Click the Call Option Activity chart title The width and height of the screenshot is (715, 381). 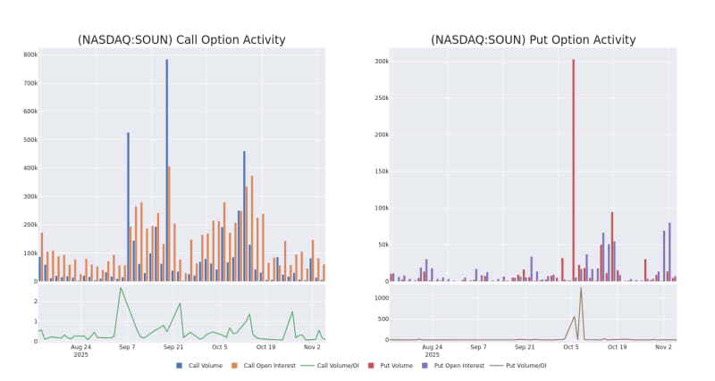(181, 39)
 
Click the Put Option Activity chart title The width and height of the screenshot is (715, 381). (533, 39)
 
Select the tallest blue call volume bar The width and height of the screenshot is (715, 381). (166, 170)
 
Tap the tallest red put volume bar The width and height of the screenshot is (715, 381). (574, 170)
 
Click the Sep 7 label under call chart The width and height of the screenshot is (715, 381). (128, 346)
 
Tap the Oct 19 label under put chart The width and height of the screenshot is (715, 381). (618, 346)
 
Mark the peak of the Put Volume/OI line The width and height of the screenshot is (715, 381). (581, 288)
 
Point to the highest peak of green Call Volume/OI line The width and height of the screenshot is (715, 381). (121, 287)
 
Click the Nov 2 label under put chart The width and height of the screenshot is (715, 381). (663, 346)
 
